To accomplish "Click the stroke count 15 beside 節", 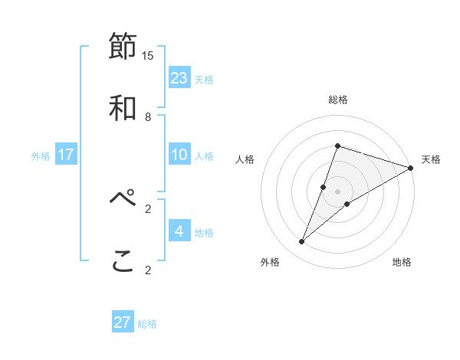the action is [148, 55].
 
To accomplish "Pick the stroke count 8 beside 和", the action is [148, 116].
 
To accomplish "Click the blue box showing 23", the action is [179, 78].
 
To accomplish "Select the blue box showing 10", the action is [179, 155].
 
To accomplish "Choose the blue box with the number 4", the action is [179, 231].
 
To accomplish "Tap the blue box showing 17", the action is [66, 155].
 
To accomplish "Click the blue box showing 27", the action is [123, 322].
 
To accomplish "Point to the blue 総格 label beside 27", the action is [147, 324].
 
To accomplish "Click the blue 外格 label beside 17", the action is [41, 156].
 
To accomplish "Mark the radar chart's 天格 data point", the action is [410, 168].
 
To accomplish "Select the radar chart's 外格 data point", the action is [302, 242].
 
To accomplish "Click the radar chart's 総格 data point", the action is [337, 146].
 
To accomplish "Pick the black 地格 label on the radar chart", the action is [402, 263].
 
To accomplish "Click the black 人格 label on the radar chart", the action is [245, 159].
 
